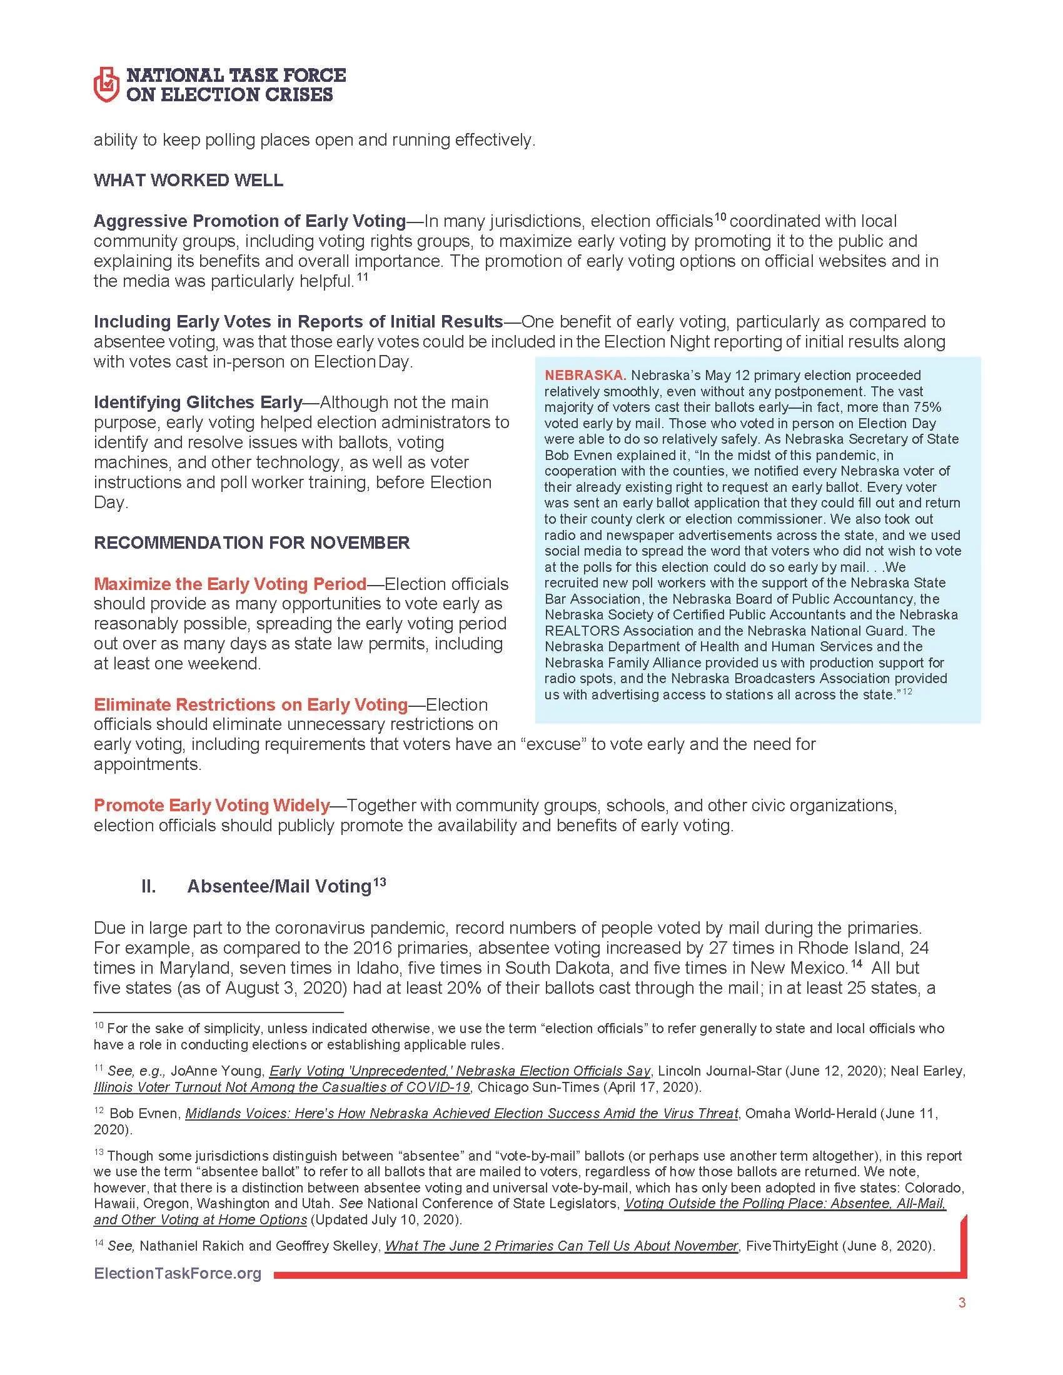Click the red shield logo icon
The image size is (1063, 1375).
(106, 84)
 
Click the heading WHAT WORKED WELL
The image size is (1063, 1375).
(188, 181)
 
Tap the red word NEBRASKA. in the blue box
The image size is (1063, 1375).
(585, 375)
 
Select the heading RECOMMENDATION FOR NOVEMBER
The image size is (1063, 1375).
(252, 542)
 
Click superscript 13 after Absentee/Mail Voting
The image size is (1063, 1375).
(379, 882)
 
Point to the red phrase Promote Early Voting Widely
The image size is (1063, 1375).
(211, 805)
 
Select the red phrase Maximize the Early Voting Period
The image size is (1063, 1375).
(230, 584)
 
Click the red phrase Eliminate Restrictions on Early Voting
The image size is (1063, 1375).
(251, 704)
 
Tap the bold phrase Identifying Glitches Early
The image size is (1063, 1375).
(198, 402)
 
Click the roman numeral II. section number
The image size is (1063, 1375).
(149, 886)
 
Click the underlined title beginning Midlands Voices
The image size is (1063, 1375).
(461, 1113)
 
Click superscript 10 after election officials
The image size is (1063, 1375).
(720, 217)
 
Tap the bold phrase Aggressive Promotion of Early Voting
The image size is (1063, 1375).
(249, 221)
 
